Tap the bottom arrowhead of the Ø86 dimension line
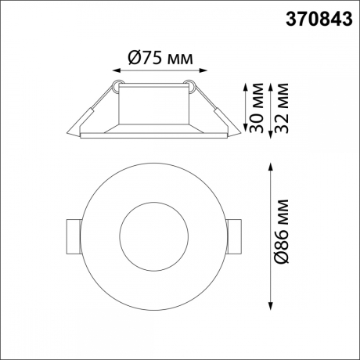271,307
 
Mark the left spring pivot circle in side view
117,82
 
